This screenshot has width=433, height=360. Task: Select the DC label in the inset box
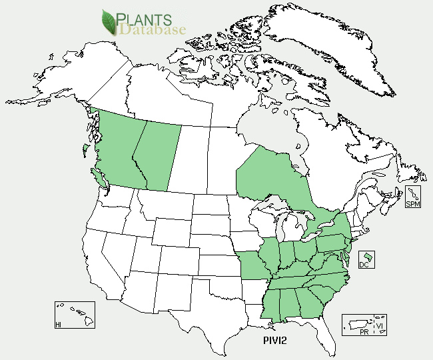coord(364,265)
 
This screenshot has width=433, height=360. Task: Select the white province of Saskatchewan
coord(186,160)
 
